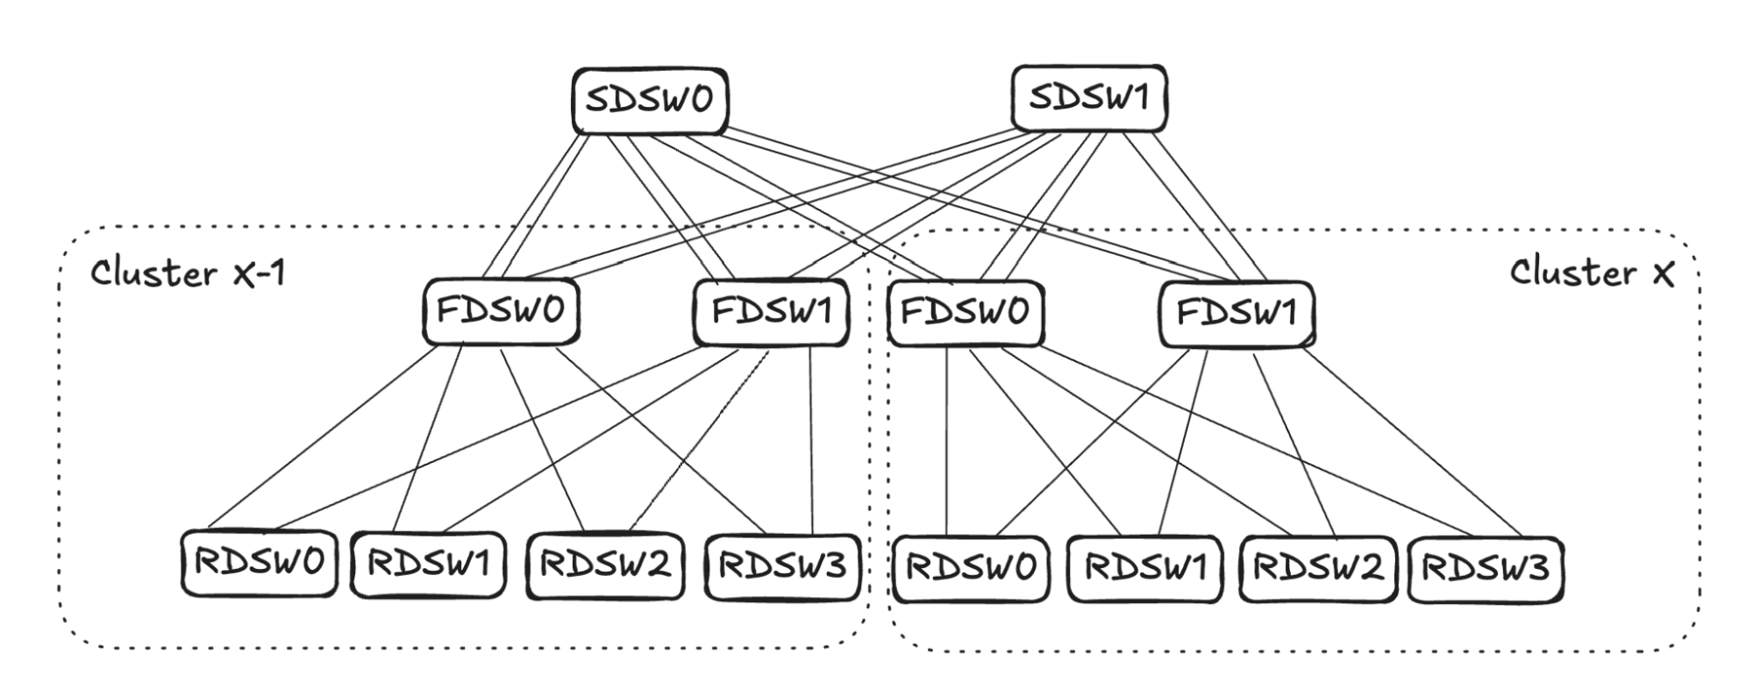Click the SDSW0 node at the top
(649, 100)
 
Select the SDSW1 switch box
(1088, 97)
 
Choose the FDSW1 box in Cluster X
(1236, 313)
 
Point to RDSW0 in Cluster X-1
(259, 563)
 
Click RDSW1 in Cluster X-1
(428, 565)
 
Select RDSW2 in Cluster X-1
(604, 565)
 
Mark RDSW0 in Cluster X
(970, 568)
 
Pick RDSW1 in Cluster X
(1144, 568)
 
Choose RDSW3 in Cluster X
(1486, 568)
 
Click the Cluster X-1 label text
(188, 273)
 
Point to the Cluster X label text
(1591, 273)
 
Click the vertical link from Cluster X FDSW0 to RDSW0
(947, 438)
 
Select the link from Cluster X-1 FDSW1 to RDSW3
(810, 438)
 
